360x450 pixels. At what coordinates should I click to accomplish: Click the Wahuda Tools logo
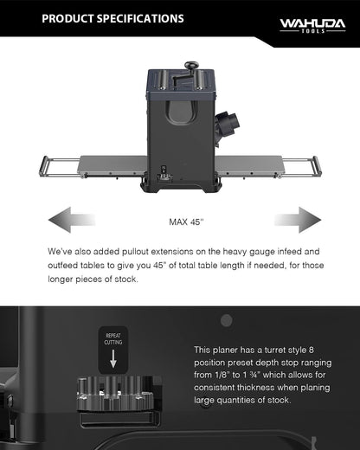tap(312, 26)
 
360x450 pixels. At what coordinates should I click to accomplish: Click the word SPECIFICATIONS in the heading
tap(140, 19)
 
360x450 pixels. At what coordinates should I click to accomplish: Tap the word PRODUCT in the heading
tap(67, 19)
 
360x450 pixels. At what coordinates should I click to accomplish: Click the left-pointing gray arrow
tap(72, 220)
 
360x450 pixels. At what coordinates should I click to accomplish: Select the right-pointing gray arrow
tap(298, 220)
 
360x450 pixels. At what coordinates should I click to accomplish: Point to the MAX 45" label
tap(186, 222)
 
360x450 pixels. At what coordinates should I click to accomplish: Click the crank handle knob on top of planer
tap(191, 65)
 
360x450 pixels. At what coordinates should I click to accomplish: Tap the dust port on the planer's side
tap(227, 123)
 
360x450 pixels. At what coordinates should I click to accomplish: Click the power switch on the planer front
tap(164, 169)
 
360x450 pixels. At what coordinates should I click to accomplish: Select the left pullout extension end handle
tap(43, 166)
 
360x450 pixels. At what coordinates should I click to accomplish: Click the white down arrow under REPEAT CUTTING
tap(113, 358)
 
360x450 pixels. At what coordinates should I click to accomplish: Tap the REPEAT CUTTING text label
tap(113, 339)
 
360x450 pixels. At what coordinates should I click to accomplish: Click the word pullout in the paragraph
tap(135, 252)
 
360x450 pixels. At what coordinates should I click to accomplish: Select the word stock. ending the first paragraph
tap(126, 280)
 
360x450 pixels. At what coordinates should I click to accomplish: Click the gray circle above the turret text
tap(227, 320)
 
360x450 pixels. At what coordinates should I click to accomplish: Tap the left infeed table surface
tap(113, 165)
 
